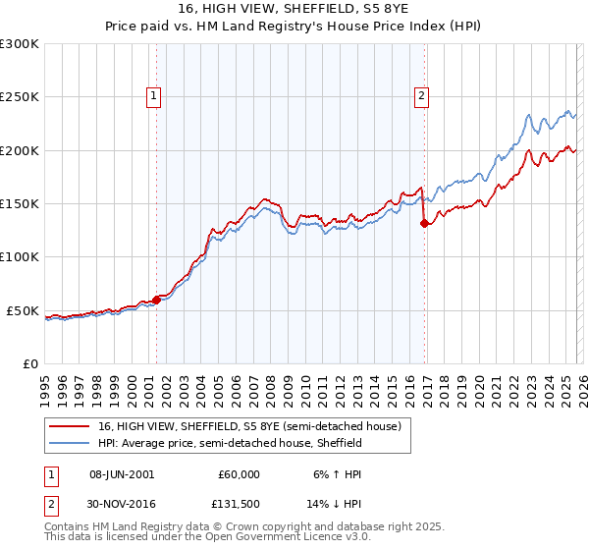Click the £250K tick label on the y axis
[20, 97]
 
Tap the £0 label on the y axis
[29, 363]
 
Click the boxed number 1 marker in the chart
[155, 96]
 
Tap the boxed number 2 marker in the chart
[421, 96]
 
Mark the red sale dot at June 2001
[156, 301]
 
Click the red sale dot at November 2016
[424, 223]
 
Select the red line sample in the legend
[71, 427]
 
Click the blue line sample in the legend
[71, 444]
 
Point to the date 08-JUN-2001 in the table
[121, 473]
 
